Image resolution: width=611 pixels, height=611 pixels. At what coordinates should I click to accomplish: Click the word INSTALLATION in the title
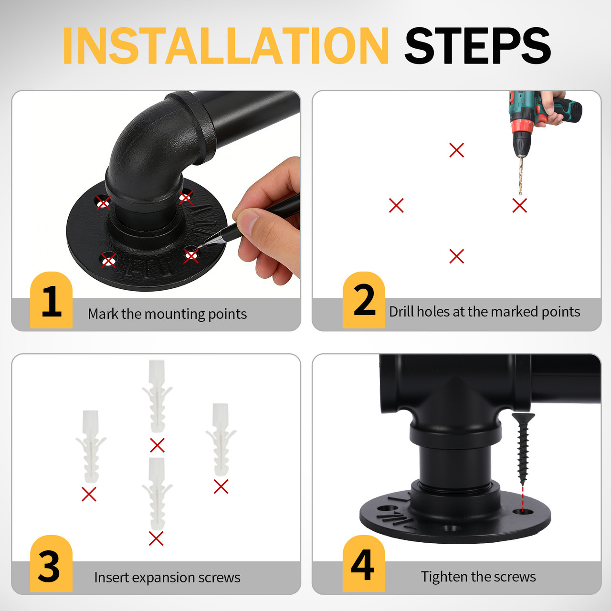click(x=225, y=46)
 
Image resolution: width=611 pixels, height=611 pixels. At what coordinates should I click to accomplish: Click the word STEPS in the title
click(x=477, y=46)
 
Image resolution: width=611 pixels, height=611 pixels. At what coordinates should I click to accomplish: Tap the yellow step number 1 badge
click(x=51, y=301)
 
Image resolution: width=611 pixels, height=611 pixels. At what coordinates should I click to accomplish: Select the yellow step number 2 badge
click(x=364, y=301)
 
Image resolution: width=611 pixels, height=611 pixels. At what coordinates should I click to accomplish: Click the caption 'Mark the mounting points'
click(x=167, y=314)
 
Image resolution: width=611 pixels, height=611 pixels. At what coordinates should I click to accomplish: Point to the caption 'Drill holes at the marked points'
click(x=485, y=312)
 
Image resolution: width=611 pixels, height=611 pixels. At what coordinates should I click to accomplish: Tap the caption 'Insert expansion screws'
click(x=167, y=578)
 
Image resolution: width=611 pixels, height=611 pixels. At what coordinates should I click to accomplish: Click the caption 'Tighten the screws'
click(x=478, y=577)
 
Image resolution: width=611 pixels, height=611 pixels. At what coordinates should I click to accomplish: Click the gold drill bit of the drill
click(x=521, y=174)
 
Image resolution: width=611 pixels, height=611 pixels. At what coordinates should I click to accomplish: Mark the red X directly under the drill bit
click(x=519, y=206)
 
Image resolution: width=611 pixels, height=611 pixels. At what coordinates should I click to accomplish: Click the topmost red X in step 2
click(x=457, y=150)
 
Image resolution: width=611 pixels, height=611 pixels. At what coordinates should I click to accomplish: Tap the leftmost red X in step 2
click(x=396, y=206)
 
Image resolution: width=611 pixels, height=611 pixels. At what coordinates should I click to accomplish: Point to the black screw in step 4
click(x=523, y=446)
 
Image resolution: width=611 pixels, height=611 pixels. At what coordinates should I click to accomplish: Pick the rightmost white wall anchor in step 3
click(x=221, y=439)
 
